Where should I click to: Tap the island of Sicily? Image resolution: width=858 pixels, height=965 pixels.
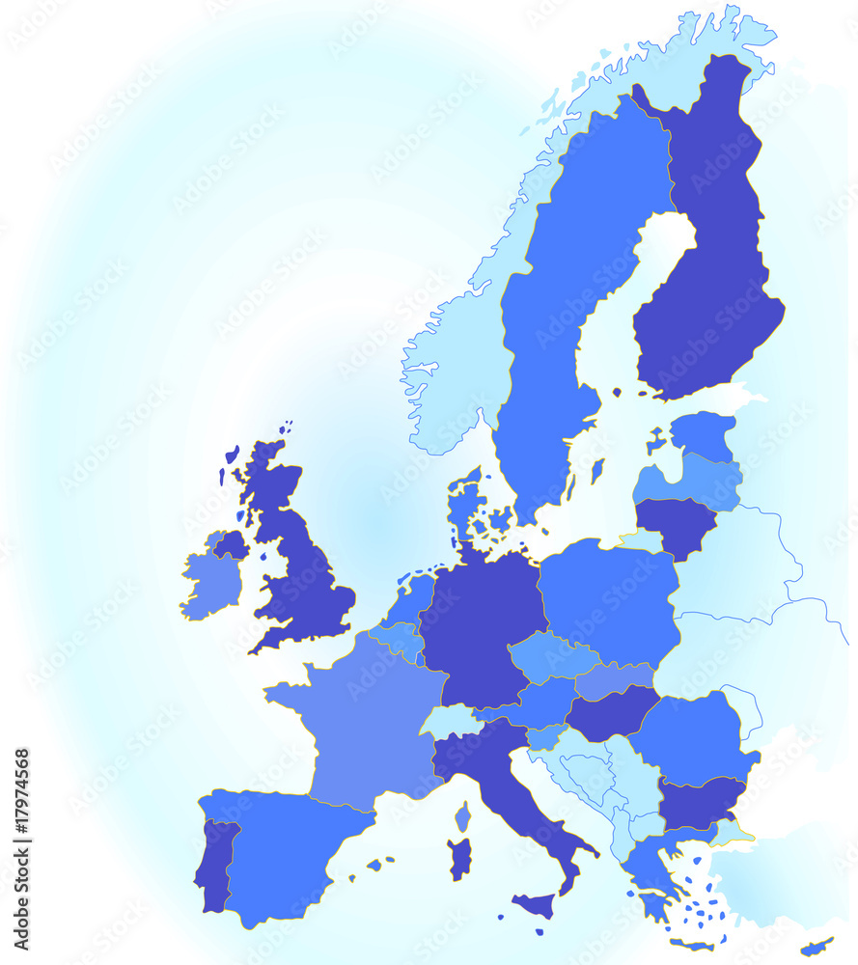(534, 905)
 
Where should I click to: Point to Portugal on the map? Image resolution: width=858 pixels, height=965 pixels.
(215, 864)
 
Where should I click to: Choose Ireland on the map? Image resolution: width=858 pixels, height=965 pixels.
(210, 584)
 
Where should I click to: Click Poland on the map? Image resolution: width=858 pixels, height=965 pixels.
(608, 598)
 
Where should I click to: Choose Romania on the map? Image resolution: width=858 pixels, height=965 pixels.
(693, 738)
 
